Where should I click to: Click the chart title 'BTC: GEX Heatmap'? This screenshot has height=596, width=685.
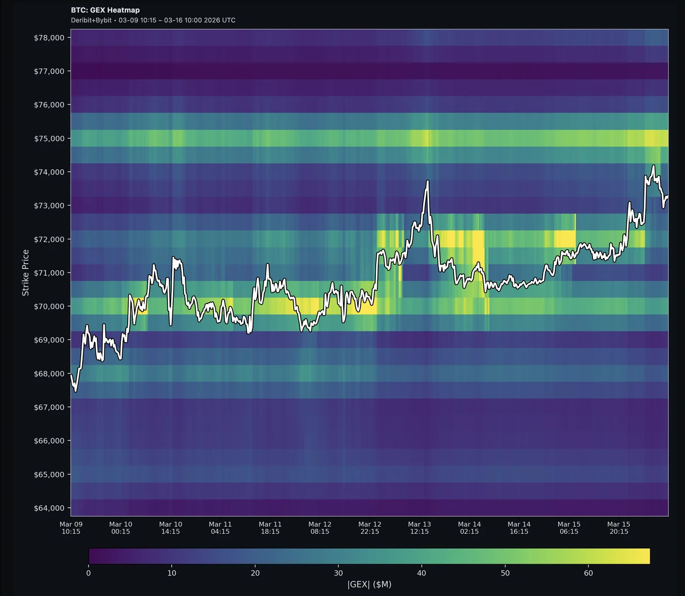(x=105, y=10)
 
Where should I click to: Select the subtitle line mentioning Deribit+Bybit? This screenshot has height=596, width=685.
(x=153, y=20)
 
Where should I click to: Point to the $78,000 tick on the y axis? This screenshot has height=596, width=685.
(x=49, y=38)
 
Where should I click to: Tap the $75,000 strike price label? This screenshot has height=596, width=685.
(x=49, y=138)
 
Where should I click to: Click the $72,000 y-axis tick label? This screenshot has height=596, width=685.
(x=49, y=239)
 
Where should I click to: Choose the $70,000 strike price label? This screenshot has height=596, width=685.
(x=49, y=306)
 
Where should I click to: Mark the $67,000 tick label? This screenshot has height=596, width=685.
(x=49, y=407)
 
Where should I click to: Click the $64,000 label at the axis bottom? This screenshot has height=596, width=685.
(x=49, y=508)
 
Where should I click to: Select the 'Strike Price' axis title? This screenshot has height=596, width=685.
(x=25, y=273)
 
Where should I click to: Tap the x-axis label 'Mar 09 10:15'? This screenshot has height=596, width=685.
(x=71, y=527)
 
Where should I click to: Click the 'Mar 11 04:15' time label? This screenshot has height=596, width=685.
(x=220, y=527)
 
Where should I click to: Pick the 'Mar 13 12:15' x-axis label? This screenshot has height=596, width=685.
(x=419, y=527)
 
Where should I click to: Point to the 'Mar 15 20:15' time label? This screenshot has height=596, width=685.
(x=618, y=527)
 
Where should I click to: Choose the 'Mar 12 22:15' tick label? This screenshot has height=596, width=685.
(x=369, y=527)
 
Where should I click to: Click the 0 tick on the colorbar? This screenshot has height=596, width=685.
(x=89, y=573)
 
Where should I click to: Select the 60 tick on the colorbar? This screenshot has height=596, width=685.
(x=588, y=573)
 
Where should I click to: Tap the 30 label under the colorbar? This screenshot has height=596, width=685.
(x=338, y=573)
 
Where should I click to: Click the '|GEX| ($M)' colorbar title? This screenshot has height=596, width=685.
(x=369, y=584)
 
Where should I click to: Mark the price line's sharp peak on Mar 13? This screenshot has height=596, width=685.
(x=428, y=181)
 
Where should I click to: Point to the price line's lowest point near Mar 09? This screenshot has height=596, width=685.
(x=75, y=391)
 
